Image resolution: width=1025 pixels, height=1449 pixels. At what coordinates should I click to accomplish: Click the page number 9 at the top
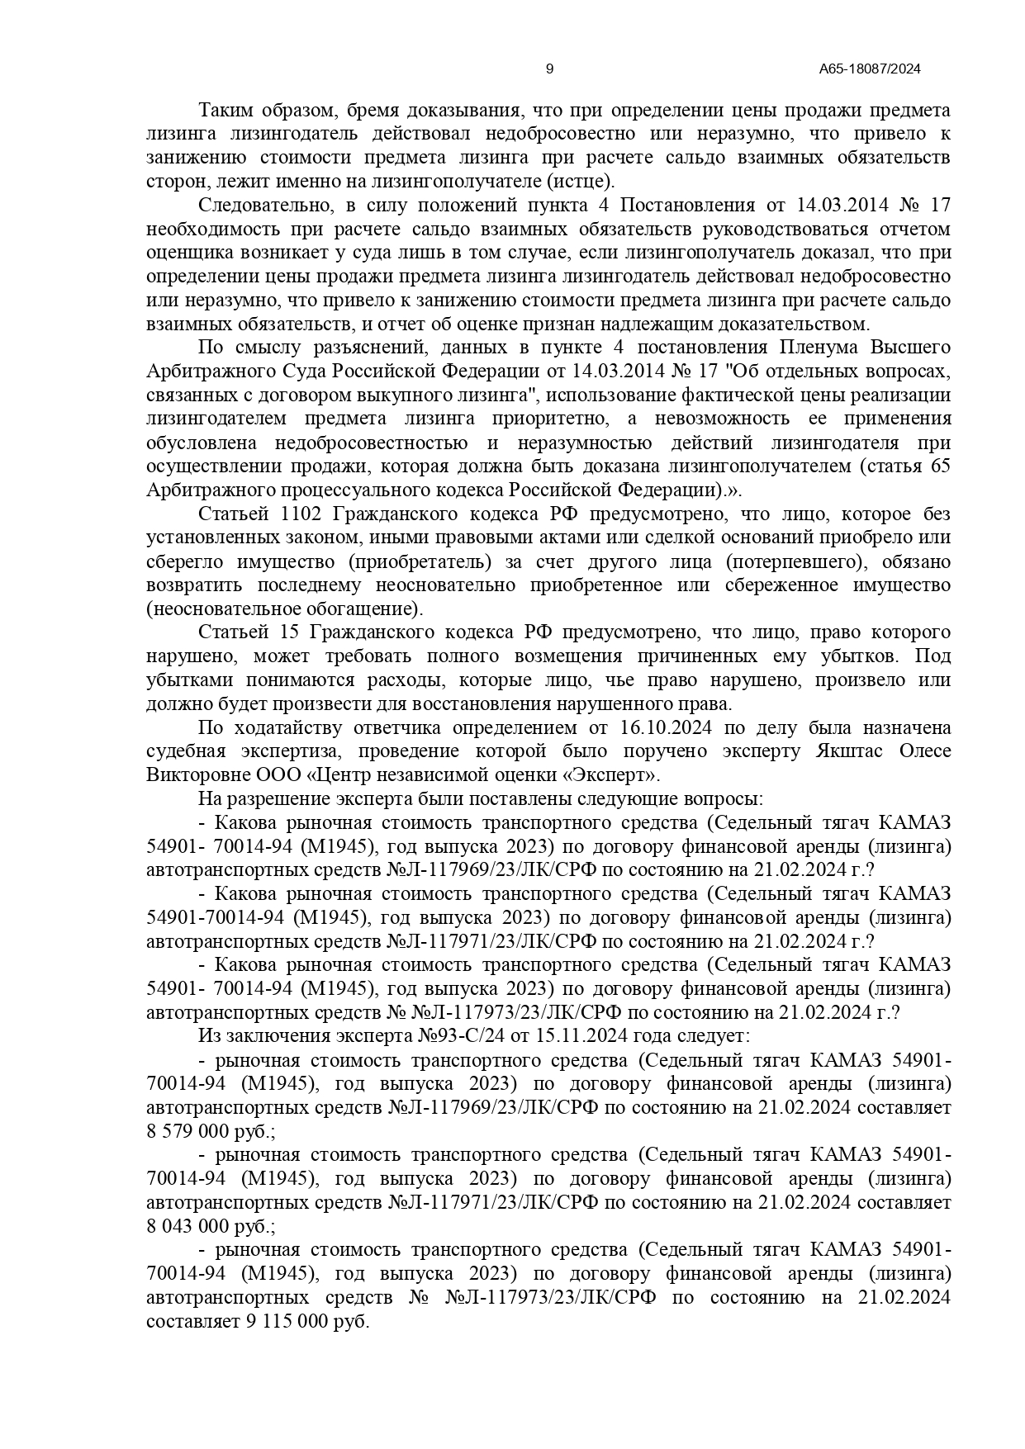pos(550,69)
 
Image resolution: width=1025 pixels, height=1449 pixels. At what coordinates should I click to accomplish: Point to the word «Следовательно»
pos(261,205)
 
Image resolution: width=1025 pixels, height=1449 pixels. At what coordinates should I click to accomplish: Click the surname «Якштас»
pos(850,751)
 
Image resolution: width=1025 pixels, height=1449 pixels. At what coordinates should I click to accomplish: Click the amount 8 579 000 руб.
pos(210,1131)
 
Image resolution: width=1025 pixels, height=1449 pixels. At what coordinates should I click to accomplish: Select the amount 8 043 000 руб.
pos(210,1226)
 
